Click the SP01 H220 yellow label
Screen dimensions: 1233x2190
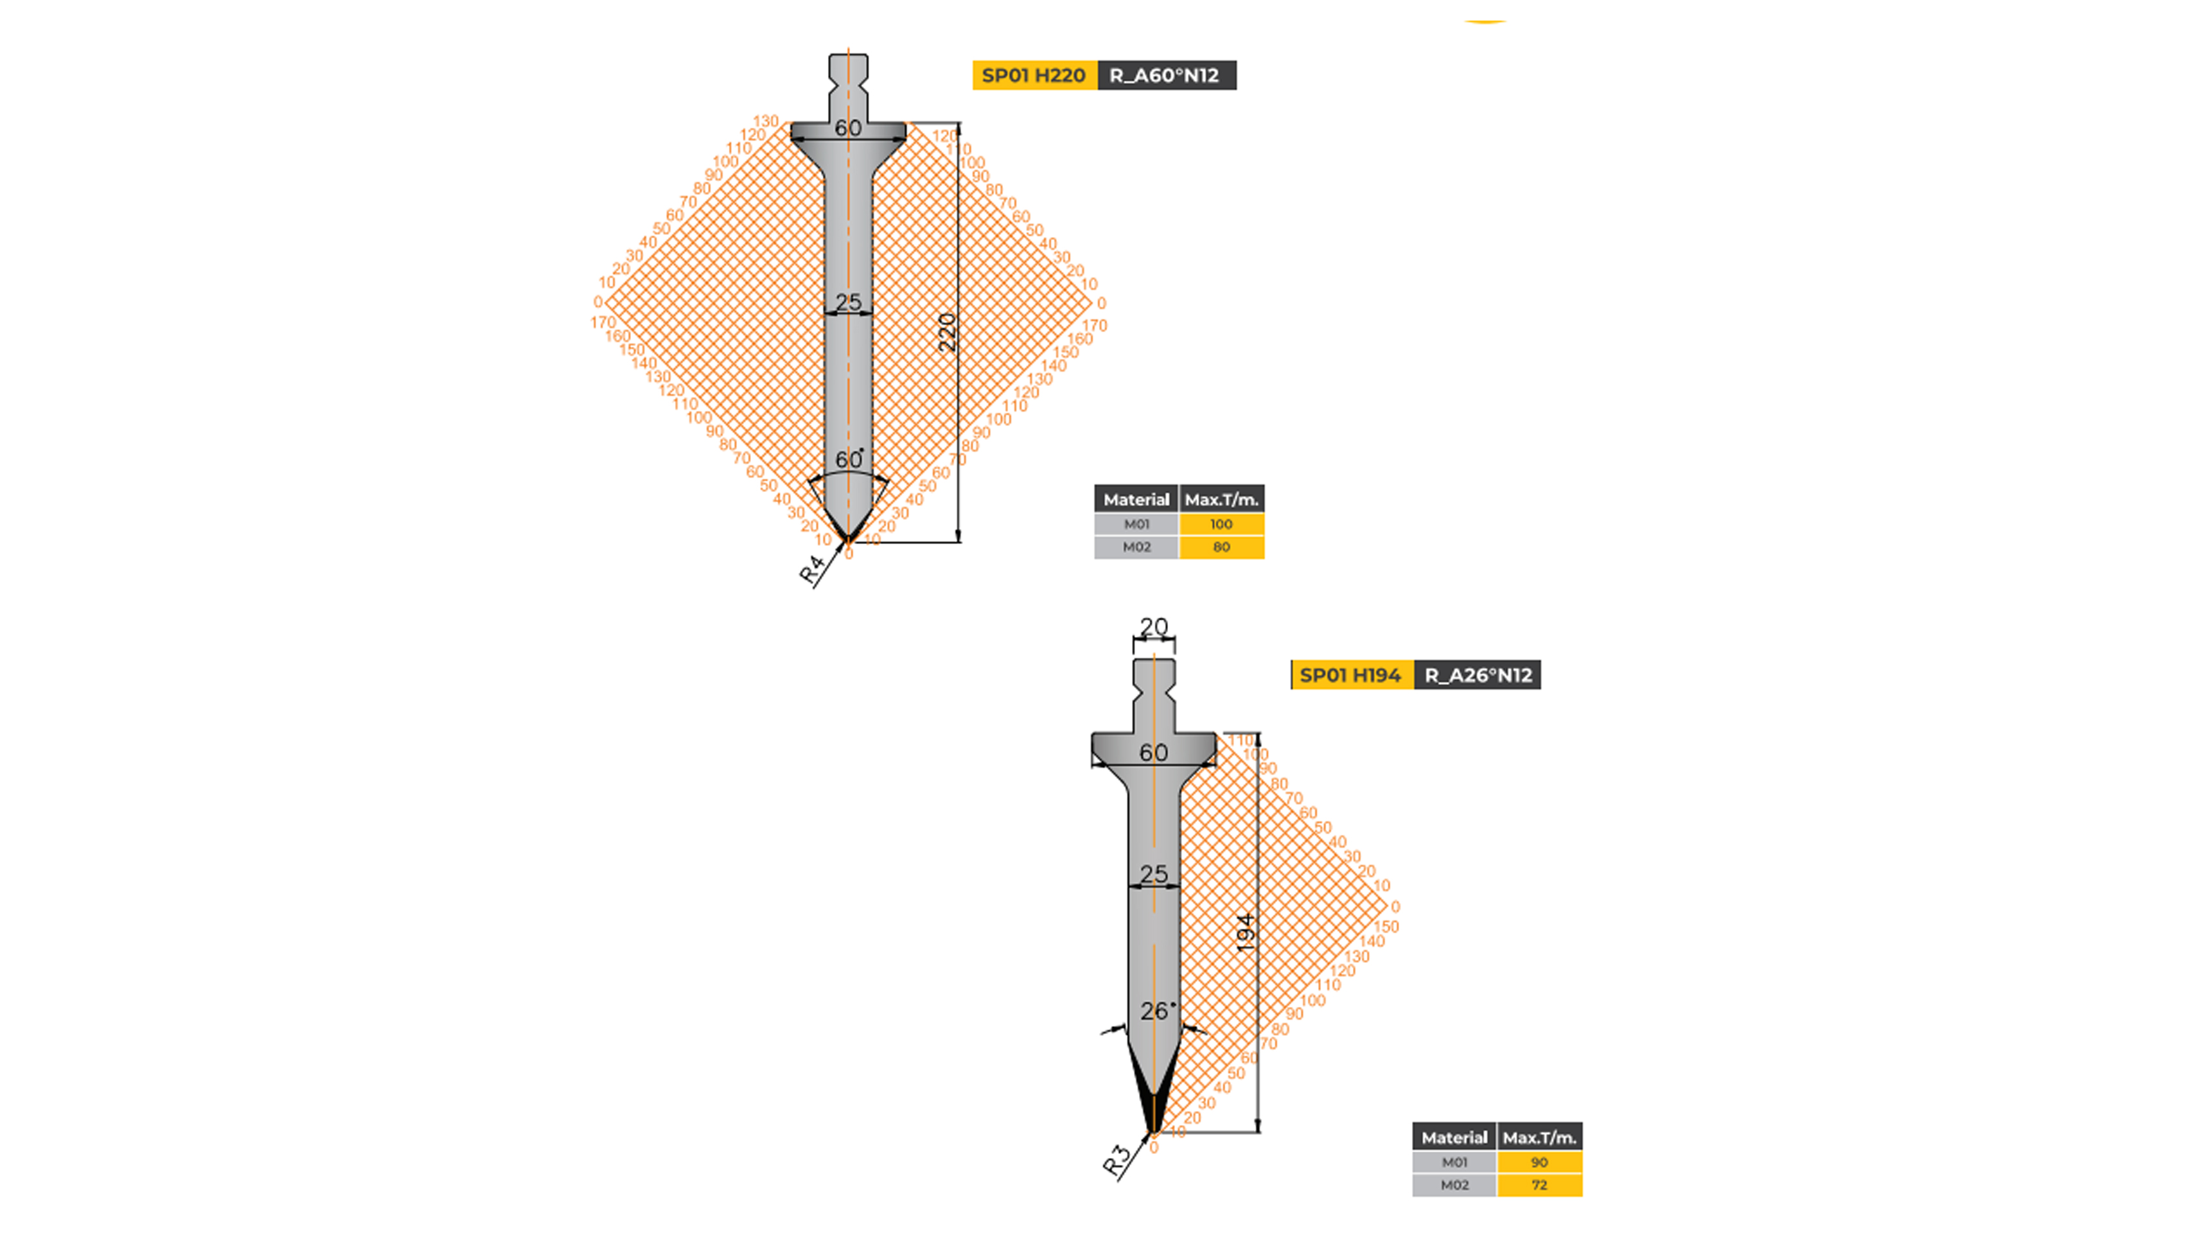pos(1034,76)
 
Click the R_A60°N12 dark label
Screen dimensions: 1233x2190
pos(1165,76)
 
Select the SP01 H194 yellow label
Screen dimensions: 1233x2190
pos(1350,676)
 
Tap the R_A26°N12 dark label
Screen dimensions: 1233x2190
pos(1478,676)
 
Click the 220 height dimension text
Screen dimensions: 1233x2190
pos(947,332)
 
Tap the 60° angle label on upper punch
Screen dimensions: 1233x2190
pos(849,459)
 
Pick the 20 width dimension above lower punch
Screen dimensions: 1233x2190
pos(1154,627)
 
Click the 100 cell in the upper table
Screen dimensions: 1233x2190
pos(1221,524)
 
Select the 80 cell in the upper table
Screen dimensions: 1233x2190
pos(1221,547)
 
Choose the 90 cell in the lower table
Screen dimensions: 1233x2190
pos(1539,1162)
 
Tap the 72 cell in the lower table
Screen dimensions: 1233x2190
pos(1539,1185)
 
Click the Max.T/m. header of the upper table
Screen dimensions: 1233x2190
pos(1221,500)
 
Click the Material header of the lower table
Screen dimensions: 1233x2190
pos(1454,1138)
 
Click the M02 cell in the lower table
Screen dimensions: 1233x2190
pos(1454,1185)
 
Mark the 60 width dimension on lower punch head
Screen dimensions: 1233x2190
pos(1154,753)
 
